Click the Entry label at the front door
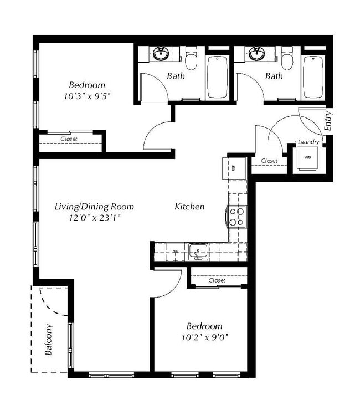pos(328,121)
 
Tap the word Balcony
pos(49,339)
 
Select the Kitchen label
pos(189,207)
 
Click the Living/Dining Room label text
pos(94,207)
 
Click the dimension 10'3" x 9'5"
pos(87,95)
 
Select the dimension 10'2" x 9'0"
pos(204,336)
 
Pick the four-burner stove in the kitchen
pos(237,216)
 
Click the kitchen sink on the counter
pos(197,252)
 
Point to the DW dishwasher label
pos(174,252)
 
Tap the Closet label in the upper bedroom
pos(69,139)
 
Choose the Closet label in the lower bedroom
pos(217,280)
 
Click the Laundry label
pos(308,142)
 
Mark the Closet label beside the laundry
pos(269,161)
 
